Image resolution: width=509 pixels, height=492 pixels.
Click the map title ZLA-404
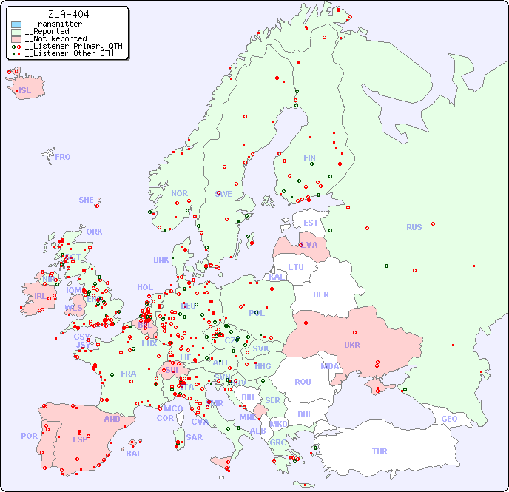click(68, 14)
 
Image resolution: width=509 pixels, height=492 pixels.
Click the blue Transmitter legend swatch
click(16, 24)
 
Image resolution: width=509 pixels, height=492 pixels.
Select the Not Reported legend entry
click(55, 38)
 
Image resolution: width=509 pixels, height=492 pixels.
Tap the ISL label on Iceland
click(24, 91)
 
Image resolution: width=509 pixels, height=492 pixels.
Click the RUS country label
click(414, 227)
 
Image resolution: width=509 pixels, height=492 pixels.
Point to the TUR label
click(380, 451)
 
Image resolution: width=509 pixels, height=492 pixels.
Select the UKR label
click(352, 345)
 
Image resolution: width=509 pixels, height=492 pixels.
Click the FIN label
click(309, 158)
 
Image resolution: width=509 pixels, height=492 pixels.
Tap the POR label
click(29, 436)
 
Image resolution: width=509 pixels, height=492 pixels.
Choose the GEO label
click(449, 419)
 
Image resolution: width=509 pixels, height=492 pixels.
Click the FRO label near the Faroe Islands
click(62, 157)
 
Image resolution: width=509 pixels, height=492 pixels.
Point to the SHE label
click(86, 200)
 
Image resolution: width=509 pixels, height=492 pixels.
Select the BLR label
click(320, 294)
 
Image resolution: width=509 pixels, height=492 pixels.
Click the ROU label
click(303, 382)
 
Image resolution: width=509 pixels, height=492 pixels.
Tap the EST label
click(311, 223)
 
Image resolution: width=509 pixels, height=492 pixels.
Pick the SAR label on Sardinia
click(195, 437)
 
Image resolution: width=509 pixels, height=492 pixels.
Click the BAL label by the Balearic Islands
click(133, 454)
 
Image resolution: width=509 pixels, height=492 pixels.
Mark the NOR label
click(179, 193)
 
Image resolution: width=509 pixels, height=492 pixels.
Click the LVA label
click(309, 245)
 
